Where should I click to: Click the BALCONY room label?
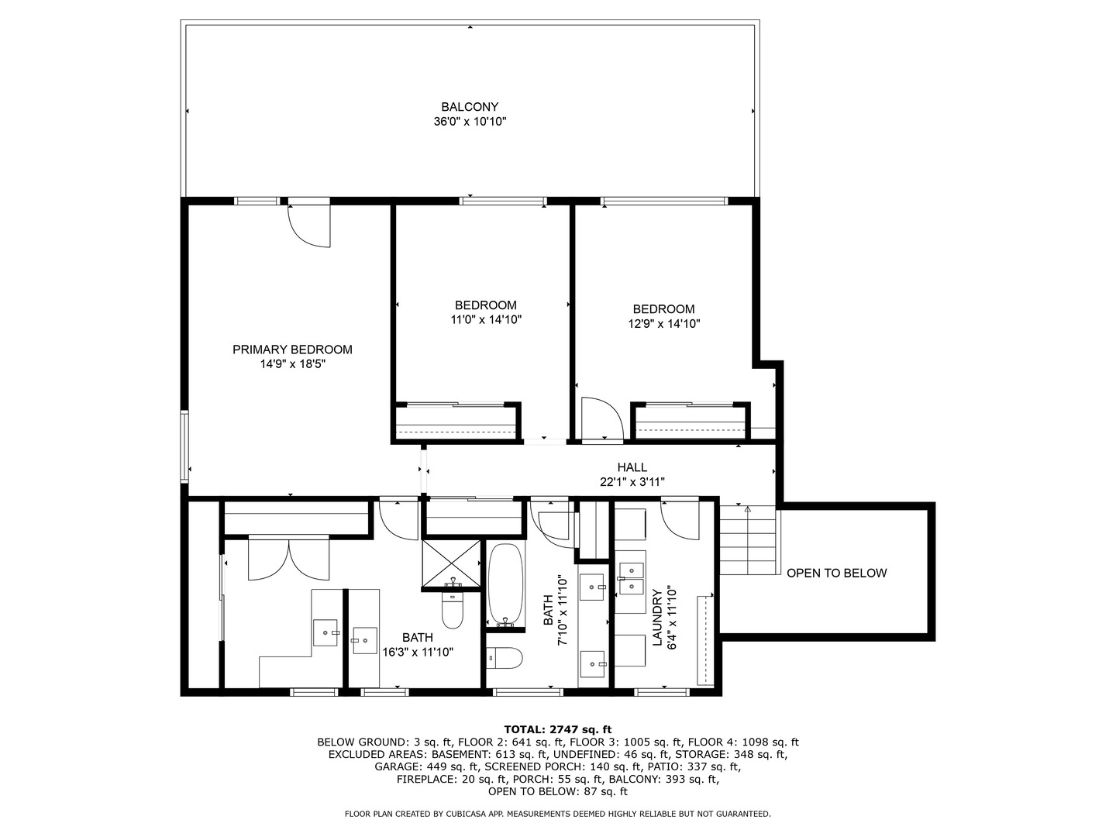[x=470, y=107]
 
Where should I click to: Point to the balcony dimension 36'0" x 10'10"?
[x=470, y=122]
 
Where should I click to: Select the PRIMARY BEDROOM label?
[x=292, y=350]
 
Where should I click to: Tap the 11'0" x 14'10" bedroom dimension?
[x=486, y=319]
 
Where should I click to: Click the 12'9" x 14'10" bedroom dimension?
[x=664, y=324]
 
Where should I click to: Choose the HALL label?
[x=632, y=467]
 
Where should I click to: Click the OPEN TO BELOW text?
[x=836, y=573]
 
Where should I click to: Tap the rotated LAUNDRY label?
[x=657, y=617]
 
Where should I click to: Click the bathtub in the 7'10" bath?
[x=507, y=584]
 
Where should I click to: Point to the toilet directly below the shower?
[x=452, y=611]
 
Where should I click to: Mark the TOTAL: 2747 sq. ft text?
[x=558, y=729]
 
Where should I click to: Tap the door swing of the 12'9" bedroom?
[x=602, y=418]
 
